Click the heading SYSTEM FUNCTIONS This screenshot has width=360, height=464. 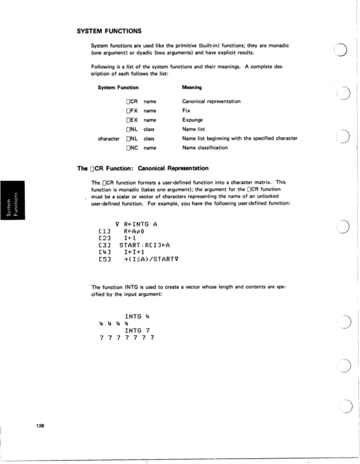(109, 31)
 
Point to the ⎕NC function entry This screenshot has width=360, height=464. (132, 148)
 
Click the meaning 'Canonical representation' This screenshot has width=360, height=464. (211, 101)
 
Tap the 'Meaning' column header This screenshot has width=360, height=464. (192, 87)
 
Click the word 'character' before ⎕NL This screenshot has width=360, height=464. (109, 139)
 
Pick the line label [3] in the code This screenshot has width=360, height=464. (104, 245)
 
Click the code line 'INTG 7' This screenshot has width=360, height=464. (138, 330)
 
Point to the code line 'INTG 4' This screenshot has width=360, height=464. (138, 315)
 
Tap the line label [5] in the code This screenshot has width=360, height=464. (104, 259)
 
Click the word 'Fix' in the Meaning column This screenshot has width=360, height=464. (186, 111)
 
